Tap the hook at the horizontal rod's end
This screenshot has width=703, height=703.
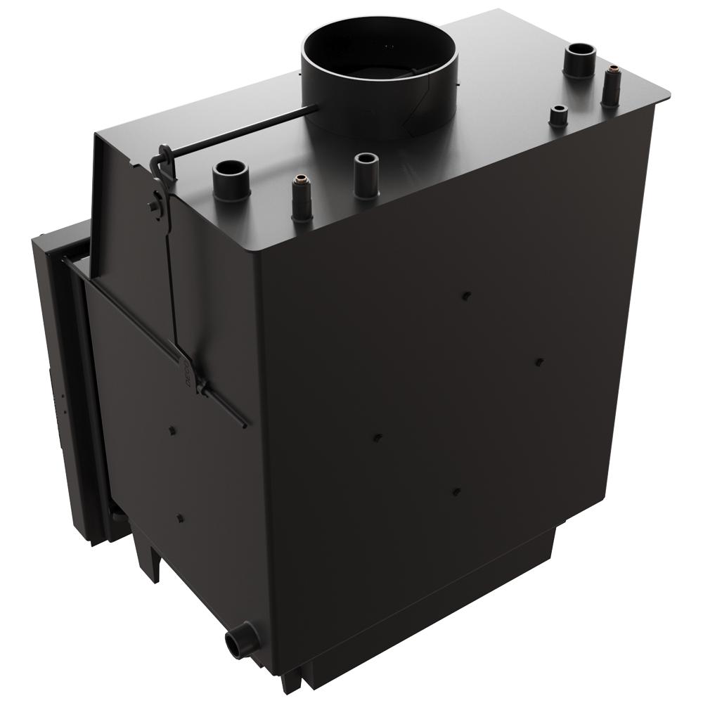coord(164,160)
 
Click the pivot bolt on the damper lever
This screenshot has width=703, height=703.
coord(153,206)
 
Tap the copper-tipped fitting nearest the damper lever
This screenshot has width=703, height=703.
coord(302,197)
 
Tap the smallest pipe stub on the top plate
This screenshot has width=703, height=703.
coord(558,115)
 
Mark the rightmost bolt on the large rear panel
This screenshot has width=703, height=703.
coord(538,361)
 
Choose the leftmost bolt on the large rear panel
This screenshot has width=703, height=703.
coord(376,437)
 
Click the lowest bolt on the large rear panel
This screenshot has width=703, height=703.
coord(457,492)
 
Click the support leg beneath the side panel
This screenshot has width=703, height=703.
coord(150,562)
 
